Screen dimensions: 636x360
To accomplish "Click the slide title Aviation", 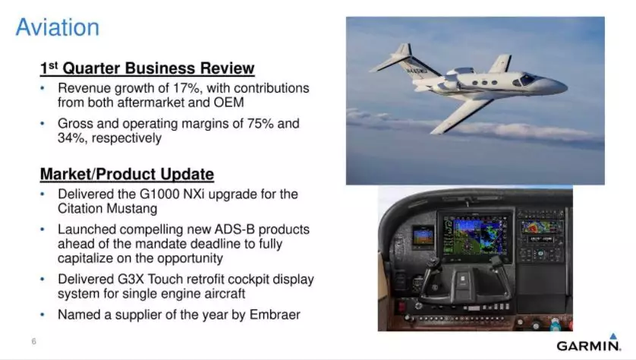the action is [57, 27].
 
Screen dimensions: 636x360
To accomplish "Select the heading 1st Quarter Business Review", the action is [147, 68].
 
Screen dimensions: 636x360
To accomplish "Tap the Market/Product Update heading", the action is [127, 174].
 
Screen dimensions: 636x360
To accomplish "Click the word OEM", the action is [228, 103].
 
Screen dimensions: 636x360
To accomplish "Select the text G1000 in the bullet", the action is [159, 194].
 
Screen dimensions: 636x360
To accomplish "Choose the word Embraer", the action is [275, 314].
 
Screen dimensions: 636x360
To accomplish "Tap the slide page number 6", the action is [34, 341].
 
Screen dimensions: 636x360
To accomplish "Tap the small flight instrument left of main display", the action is [422, 236].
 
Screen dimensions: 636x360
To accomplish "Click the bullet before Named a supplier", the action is [43, 314].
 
